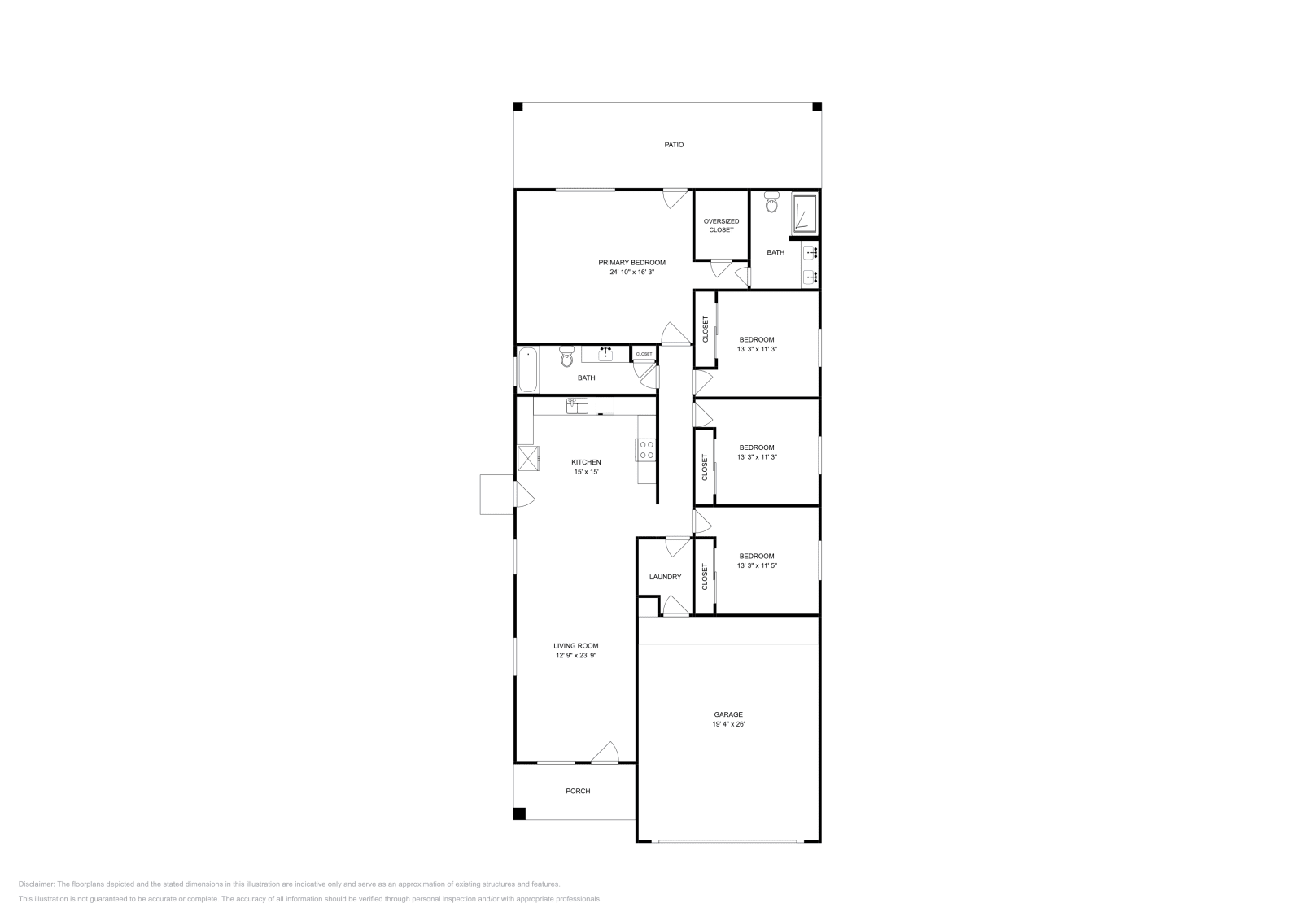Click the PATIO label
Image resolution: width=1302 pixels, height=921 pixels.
(673, 145)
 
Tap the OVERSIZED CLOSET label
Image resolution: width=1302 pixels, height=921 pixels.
(721, 225)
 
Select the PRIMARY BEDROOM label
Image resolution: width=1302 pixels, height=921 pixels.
(631, 262)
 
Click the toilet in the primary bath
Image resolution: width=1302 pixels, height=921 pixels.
(771, 203)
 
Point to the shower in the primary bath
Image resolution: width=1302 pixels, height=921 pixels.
(804, 212)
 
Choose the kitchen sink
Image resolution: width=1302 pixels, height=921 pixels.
(577, 405)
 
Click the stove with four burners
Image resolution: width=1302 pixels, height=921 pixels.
(646, 450)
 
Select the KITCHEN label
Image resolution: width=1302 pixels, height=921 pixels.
(586, 462)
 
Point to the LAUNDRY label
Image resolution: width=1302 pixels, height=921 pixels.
(665, 577)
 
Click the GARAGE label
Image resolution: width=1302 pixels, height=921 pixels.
(728, 714)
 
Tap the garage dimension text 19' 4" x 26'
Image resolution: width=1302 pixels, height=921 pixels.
(728, 723)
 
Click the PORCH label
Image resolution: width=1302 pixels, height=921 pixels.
(578, 791)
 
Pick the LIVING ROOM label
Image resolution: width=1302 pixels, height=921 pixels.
(577, 646)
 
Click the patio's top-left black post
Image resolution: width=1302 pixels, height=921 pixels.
(518, 107)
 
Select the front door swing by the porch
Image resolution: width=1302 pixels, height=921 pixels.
(605, 753)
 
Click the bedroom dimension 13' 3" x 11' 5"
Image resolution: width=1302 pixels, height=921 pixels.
(756, 565)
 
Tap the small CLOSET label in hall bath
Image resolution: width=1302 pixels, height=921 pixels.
(644, 354)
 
